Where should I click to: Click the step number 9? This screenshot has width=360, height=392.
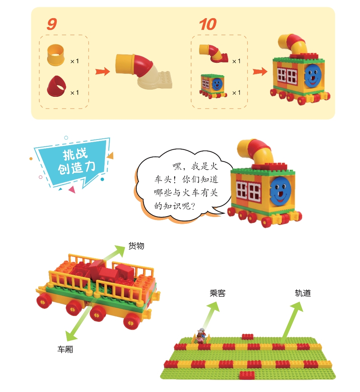[52, 24]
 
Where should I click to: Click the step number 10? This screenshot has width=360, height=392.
[208, 24]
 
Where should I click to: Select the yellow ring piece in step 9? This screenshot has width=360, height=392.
[56, 55]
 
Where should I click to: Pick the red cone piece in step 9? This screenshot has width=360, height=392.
[57, 86]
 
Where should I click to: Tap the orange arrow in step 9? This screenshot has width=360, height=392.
[102, 71]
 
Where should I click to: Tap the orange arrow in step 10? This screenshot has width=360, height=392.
[260, 71]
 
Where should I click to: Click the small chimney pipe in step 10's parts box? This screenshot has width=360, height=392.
[213, 53]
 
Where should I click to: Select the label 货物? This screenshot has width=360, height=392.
[136, 246]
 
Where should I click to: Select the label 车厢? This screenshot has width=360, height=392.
[65, 349]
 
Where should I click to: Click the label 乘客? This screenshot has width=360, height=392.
[218, 293]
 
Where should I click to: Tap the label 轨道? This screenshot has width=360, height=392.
[303, 293]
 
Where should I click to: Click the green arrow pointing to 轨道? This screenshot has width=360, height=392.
[292, 322]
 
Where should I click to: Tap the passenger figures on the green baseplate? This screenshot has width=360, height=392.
[201, 336]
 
